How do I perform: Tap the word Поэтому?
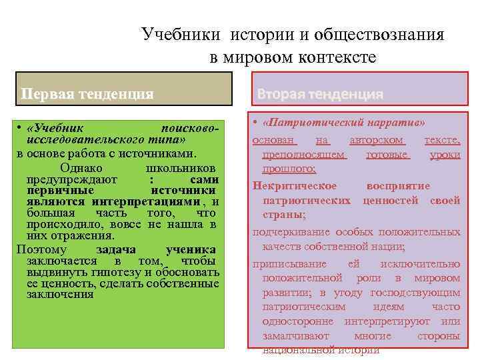coord(41,249)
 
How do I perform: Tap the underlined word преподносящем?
coord(305,155)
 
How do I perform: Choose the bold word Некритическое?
coord(295,186)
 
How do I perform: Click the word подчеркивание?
coord(291,232)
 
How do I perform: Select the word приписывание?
coord(287,263)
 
